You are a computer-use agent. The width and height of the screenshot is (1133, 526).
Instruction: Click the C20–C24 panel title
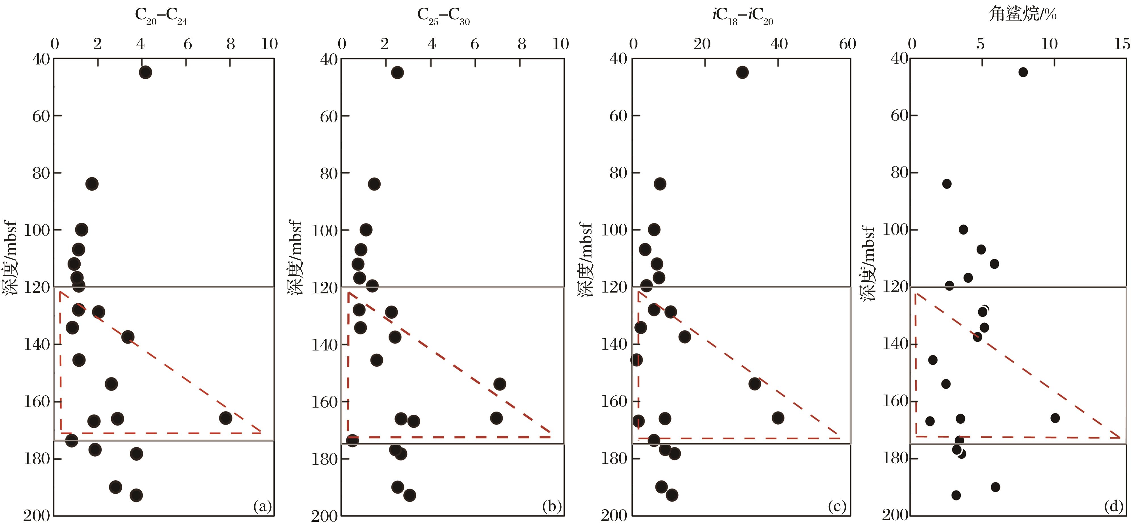[x=161, y=17]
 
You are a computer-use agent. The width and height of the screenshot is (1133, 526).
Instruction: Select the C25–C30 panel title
[x=443, y=17]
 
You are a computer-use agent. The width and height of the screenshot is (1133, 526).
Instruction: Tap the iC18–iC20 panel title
[x=742, y=17]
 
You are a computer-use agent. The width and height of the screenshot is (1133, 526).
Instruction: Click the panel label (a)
[x=263, y=507]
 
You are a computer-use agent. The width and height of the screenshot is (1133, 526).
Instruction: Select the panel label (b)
[x=551, y=507]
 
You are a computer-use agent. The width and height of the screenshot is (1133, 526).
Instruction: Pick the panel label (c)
[x=837, y=507]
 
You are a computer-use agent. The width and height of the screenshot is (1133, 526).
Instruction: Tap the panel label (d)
[x=1113, y=507]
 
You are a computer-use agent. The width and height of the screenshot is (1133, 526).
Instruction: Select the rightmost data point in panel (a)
[x=226, y=418]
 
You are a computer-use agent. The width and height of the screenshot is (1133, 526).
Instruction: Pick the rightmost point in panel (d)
[x=1055, y=418]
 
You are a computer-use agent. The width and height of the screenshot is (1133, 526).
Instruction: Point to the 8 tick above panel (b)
[x=522, y=44]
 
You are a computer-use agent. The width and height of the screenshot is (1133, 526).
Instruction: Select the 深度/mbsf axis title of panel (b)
[x=295, y=258]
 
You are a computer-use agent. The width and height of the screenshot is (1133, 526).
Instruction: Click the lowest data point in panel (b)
[x=410, y=495]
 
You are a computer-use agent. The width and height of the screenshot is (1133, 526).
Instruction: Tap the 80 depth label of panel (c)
[x=618, y=173]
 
